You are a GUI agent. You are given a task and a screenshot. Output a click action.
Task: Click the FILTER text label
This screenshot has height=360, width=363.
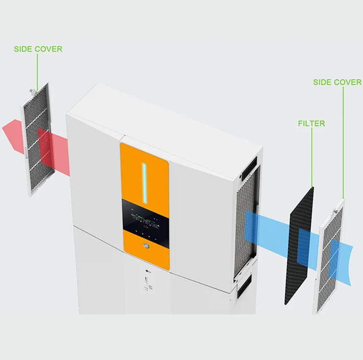311,124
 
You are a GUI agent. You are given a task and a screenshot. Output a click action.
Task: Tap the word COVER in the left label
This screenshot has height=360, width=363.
48,49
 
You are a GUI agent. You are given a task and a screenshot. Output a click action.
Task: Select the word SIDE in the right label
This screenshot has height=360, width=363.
323,82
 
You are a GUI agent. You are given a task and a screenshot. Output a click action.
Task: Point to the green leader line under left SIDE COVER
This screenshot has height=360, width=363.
37,68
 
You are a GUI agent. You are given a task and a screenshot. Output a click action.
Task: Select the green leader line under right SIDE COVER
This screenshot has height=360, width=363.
344,140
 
